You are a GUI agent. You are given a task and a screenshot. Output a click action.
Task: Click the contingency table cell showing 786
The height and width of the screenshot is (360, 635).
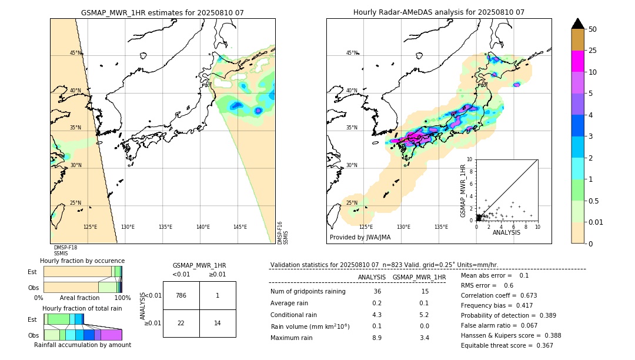pos(181,295)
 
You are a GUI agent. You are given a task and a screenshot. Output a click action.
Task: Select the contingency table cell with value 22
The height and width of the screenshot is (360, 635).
pos(181,323)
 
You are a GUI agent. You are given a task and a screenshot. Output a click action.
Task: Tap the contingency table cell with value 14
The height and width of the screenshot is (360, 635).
pos(218,323)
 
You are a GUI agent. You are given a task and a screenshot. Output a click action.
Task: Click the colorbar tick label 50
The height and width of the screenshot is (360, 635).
pos(593,29)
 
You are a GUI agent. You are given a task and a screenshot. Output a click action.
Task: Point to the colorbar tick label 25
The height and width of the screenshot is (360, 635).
pos(593,51)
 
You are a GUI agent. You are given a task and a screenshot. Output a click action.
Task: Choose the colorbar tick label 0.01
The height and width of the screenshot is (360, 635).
pos(596,222)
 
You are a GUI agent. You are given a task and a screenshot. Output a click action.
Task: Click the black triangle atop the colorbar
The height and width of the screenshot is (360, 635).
pos(578,24)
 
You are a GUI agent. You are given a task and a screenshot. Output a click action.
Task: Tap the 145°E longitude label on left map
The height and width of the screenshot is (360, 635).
pos(240,227)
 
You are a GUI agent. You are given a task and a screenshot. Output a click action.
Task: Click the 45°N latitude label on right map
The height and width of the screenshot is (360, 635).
pos(352,53)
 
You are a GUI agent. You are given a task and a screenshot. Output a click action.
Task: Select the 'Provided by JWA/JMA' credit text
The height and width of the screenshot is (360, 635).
pos(360,238)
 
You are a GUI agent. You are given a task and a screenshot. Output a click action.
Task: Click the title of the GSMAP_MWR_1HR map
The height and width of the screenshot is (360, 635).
pos(162,12)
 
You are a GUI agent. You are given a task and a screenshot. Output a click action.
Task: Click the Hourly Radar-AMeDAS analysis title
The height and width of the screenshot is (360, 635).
pos(439,12)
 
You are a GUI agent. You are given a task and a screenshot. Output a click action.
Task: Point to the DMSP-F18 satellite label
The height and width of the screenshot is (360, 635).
pos(65,248)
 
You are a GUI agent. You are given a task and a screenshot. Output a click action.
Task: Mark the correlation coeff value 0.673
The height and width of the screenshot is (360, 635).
pos(525,295)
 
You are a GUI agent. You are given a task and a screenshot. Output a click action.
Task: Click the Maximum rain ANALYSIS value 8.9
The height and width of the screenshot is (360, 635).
pos(377,338)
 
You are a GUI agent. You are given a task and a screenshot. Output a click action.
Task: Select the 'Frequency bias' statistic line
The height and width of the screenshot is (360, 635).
pos(499,305)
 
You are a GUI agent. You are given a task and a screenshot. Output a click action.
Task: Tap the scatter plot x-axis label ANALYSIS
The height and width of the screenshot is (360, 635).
pos(506,232)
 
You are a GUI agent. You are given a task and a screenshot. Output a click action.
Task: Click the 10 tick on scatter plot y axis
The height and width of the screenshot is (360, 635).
pos(469,159)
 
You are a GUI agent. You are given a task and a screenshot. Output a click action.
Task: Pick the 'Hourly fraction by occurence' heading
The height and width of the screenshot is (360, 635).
pos(82,261)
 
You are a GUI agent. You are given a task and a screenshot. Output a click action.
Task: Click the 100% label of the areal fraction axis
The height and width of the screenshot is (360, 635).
pos(122,298)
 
